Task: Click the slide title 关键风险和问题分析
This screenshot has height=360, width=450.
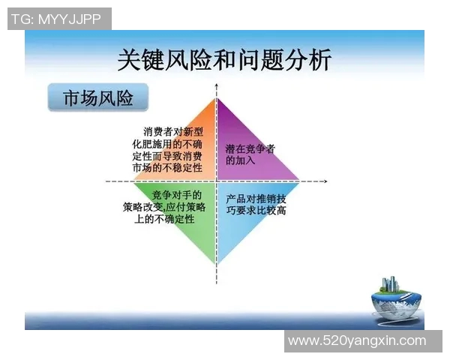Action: point(224,58)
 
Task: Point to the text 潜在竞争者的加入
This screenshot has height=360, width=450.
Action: point(250,154)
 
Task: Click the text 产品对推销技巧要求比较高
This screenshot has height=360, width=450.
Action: point(256,205)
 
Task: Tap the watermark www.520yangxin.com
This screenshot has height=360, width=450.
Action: point(357,341)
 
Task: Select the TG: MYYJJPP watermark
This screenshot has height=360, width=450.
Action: point(58,19)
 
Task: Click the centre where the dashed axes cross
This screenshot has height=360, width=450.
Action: point(217,181)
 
